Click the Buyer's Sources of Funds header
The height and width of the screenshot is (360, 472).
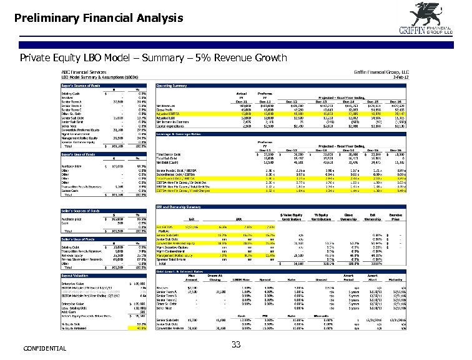pyautogui.click(x=84, y=83)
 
